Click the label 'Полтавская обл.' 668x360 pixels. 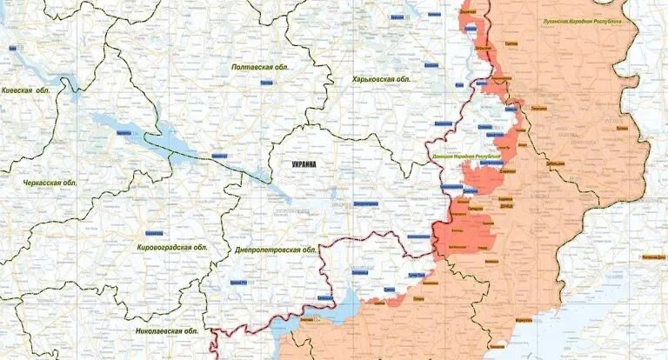point(260,67)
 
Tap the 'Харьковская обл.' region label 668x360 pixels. point(380,79)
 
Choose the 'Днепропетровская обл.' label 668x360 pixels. point(275,250)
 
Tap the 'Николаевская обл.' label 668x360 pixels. point(165,331)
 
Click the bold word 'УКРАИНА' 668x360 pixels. point(304,164)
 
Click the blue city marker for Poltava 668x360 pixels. point(266,82)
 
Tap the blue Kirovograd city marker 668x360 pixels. point(153,233)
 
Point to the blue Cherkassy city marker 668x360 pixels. point(124,133)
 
